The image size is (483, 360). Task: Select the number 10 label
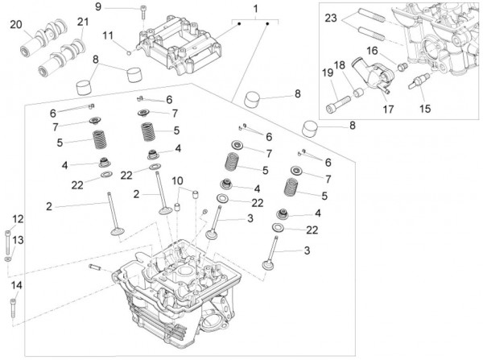pyautogui.click(x=177, y=180)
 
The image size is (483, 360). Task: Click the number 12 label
pyautogui.click(x=18, y=219)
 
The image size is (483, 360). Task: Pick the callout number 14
pyautogui.click(x=17, y=285)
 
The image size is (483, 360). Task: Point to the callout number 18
pyautogui.click(x=340, y=64)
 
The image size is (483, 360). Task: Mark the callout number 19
pyautogui.click(x=328, y=74)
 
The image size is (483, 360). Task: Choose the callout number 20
pyautogui.click(x=17, y=25)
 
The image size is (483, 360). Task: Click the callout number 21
pyautogui.click(x=82, y=22)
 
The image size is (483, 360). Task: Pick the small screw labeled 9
pyautogui.click(x=143, y=11)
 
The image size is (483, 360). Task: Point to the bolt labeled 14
pyautogui.click(x=14, y=306)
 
